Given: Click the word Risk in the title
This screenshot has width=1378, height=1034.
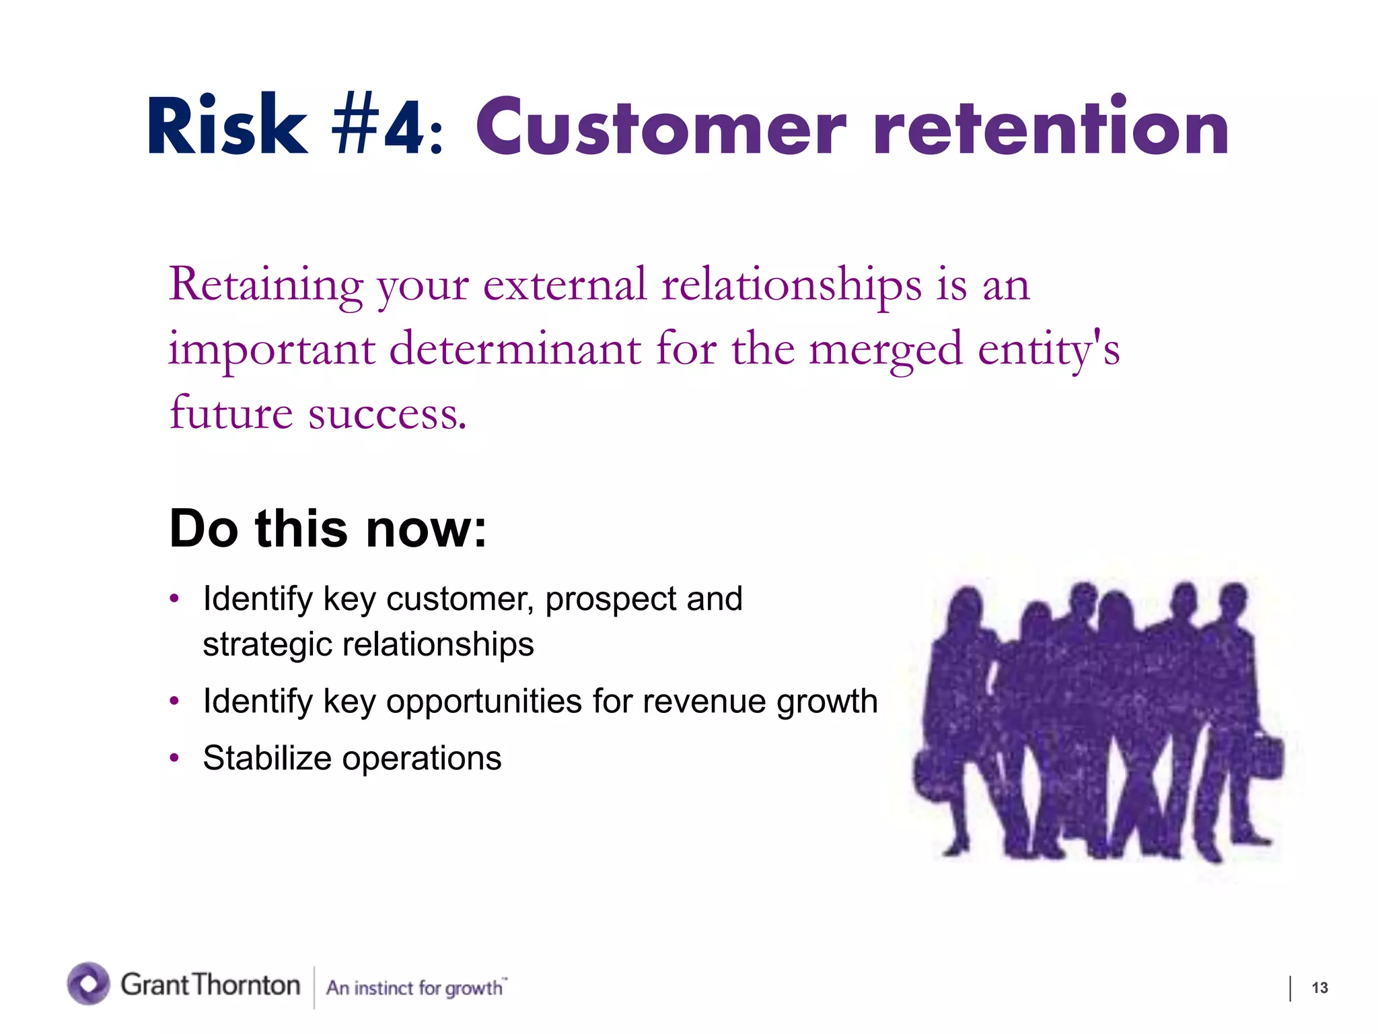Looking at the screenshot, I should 227,127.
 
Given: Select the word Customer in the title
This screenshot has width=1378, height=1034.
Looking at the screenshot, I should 660,128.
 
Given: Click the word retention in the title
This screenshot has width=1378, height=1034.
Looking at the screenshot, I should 1050,128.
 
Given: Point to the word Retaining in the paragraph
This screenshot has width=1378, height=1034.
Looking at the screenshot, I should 265,285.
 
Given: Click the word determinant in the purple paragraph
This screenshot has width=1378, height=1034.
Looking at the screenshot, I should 515,349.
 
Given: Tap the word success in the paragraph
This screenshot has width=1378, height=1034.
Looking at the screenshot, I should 387,413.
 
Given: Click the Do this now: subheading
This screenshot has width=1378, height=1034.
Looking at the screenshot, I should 328,529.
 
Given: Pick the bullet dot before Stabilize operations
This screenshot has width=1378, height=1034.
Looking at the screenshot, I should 175,759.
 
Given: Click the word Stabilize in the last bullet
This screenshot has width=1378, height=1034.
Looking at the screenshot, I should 267,759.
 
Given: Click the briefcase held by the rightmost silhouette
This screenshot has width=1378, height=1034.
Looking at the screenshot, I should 1265,757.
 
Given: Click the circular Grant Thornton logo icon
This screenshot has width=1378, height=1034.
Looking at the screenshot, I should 88,984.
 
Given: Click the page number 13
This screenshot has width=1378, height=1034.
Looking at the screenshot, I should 1319,988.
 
